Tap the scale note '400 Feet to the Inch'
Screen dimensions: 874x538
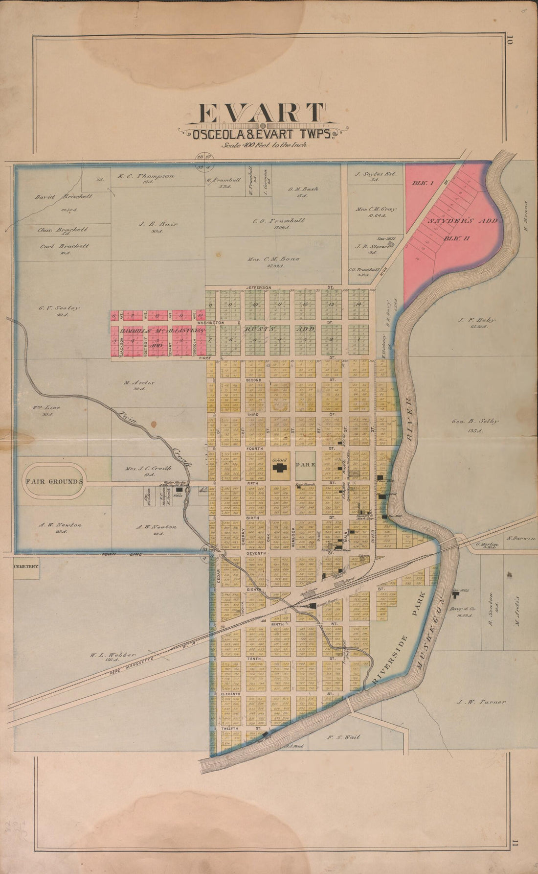(263, 144)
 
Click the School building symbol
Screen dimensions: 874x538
(280, 468)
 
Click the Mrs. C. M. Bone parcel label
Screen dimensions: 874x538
(276, 259)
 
